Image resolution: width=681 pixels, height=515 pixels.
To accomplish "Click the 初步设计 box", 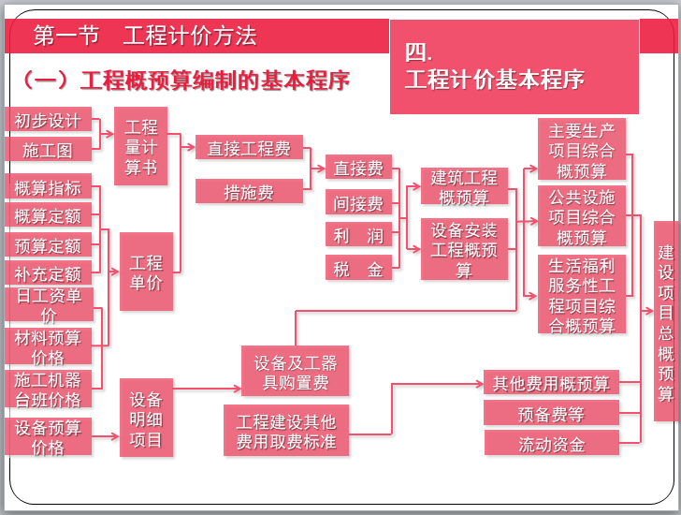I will point(48,121).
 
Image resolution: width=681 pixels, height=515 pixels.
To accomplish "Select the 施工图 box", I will point(48,149).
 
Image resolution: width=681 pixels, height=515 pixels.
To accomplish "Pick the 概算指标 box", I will point(48,187).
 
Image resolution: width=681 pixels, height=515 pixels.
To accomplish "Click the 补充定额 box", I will point(48,274).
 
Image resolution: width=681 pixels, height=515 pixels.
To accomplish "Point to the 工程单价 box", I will point(146,272).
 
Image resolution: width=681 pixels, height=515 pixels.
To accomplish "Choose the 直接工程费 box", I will point(249,148).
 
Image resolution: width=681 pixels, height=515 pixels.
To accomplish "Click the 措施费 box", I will point(249,192).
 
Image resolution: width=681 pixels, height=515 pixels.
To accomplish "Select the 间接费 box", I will point(358,203).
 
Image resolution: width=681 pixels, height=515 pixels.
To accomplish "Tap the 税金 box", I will point(358,270).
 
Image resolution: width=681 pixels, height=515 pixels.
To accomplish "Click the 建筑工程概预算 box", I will point(464,186).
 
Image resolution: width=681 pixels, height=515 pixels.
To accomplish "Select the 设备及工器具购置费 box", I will point(296,372).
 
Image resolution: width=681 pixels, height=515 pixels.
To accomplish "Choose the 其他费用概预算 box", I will point(551,383).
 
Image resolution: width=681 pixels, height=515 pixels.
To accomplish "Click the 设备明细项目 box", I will point(146,419).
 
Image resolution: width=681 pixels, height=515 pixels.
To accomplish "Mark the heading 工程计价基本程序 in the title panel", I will point(495,80).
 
